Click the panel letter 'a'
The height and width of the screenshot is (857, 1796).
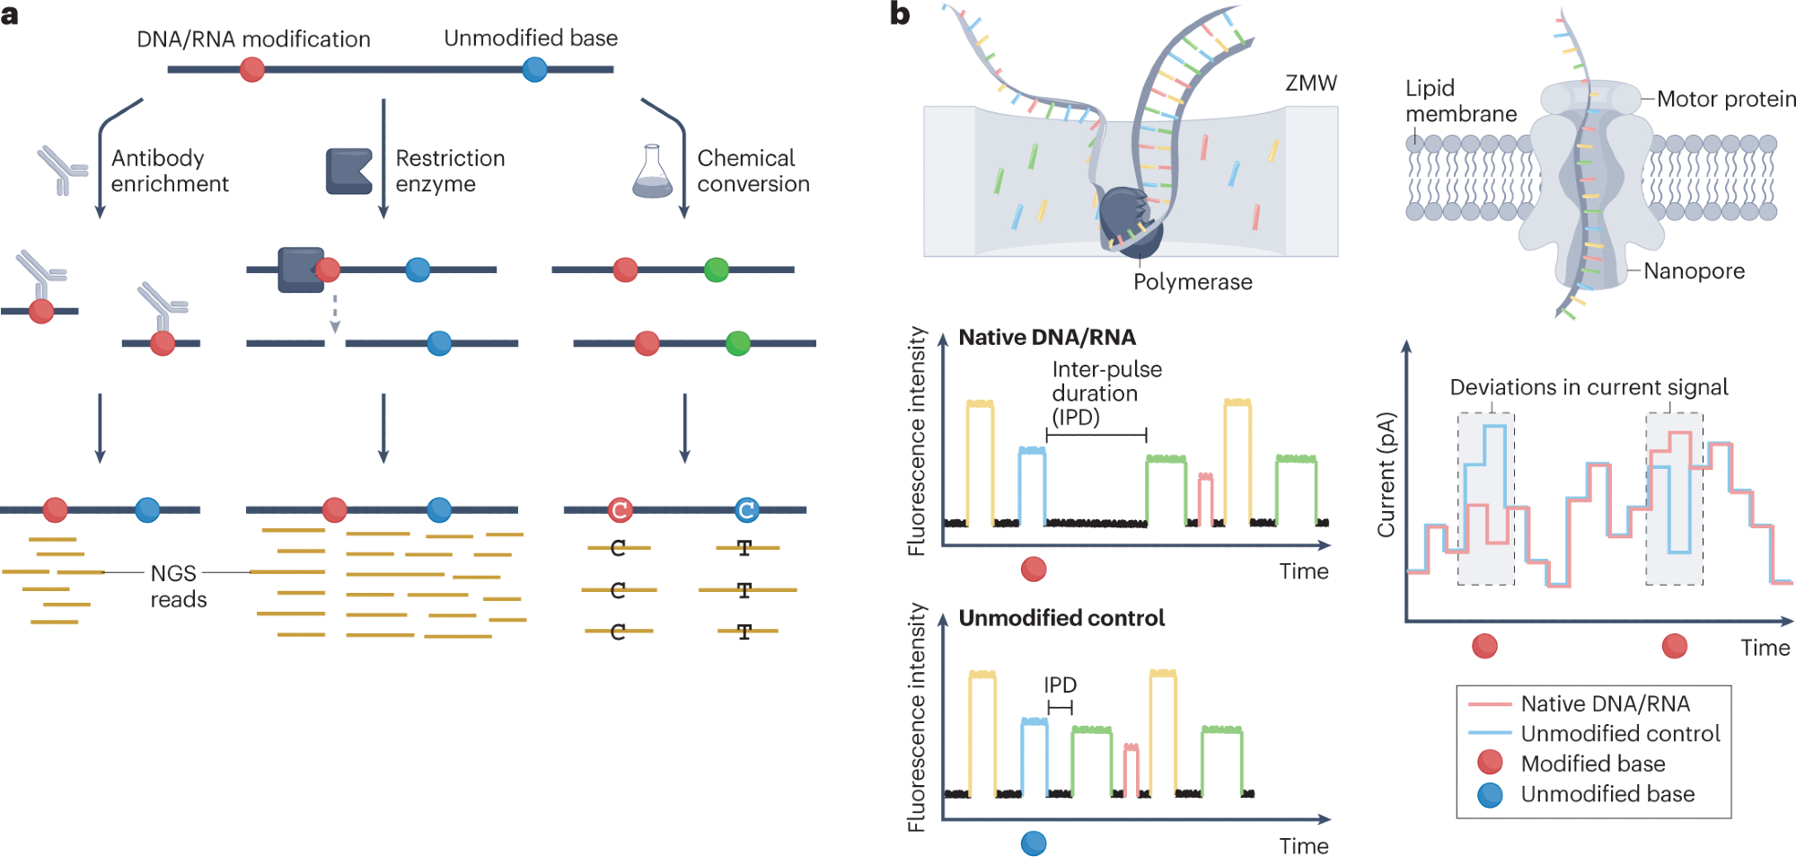point(10,15)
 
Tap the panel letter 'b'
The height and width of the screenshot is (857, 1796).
point(900,14)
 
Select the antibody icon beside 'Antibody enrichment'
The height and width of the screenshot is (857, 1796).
point(62,171)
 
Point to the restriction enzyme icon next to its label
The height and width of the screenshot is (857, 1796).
point(348,172)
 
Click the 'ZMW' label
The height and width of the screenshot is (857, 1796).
point(1310,84)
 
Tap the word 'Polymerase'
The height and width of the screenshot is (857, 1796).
point(1192,282)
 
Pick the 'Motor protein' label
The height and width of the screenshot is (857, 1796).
point(1725,99)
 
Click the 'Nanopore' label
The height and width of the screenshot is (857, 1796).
point(1694,271)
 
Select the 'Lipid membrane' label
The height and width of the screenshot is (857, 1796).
point(1460,101)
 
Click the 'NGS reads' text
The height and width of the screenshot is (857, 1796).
point(178,586)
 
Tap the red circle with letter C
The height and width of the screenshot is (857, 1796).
point(619,510)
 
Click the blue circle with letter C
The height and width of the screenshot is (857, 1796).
point(746,510)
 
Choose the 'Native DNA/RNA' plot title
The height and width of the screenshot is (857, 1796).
point(1046,337)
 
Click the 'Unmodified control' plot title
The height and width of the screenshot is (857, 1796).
point(1061,618)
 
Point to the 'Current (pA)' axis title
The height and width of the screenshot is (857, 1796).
point(1387,474)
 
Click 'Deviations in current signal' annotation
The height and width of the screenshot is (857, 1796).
point(1588,387)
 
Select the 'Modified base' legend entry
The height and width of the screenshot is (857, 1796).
point(1592,764)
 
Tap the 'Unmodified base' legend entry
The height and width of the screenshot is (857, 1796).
point(1607,794)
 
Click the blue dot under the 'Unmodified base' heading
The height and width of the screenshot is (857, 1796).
point(534,69)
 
